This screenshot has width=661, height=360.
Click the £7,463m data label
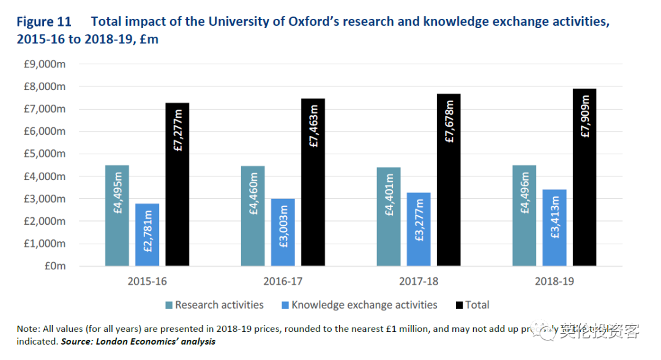313,129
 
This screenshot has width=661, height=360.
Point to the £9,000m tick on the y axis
46,64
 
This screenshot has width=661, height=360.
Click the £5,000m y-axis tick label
46,154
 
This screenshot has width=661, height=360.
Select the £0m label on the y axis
54,266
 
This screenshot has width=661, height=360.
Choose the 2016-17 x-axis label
283,282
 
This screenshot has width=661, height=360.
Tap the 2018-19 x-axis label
554,282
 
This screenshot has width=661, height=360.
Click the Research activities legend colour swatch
169,305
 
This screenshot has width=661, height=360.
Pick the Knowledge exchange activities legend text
364,305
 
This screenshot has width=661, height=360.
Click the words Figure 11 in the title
43,22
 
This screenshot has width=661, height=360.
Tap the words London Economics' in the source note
138,341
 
